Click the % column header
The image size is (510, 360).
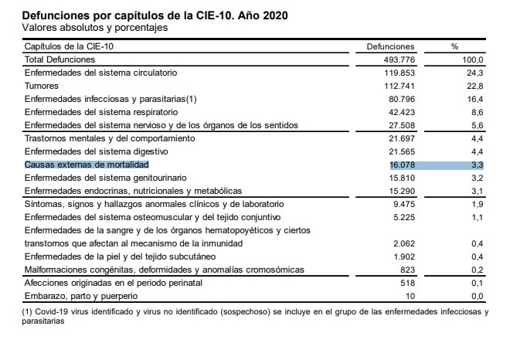point(454,46)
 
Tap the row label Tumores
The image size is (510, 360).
point(42,86)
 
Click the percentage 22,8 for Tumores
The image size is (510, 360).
point(475,86)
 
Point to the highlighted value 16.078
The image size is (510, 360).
point(401,165)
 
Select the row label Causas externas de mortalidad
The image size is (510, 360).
point(87,165)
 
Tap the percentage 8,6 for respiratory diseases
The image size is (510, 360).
point(477,112)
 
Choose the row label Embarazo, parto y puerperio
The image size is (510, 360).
point(81,296)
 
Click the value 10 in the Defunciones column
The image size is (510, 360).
point(410,296)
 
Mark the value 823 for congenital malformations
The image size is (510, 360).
point(406,270)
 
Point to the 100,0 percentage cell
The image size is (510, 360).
point(473,59)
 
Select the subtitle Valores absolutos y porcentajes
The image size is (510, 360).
point(96,28)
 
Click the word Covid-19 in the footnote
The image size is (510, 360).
point(55,311)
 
